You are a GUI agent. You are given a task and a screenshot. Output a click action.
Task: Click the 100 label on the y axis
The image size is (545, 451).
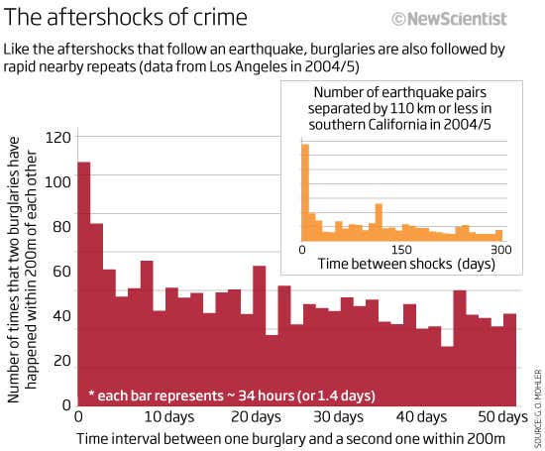(60, 182)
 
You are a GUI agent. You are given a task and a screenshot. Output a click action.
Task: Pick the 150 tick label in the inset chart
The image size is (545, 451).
(400, 249)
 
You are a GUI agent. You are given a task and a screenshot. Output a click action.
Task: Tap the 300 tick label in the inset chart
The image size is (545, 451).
(501, 249)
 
